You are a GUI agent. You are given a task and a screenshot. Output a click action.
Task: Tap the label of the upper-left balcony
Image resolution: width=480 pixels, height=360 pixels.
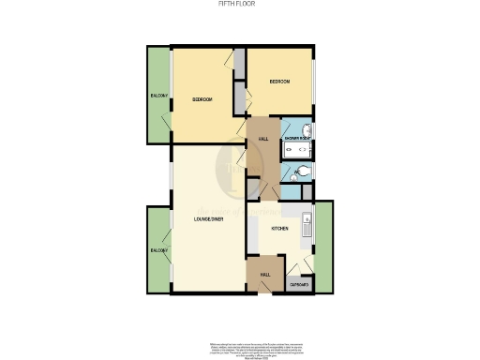coord(157,97)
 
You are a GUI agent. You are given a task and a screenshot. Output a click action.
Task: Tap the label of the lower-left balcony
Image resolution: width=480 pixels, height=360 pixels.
coord(157,251)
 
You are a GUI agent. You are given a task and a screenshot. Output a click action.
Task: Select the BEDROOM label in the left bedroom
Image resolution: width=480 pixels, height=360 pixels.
coord(202,99)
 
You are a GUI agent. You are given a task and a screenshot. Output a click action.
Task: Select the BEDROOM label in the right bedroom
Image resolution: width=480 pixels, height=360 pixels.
coord(279,82)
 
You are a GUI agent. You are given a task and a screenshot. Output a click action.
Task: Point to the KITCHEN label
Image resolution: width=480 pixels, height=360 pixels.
coord(279,228)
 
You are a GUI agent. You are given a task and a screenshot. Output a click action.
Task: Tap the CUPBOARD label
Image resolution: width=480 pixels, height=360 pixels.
coord(299,283)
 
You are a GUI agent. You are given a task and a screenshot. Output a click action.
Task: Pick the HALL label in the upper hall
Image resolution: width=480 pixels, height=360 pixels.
coord(263,140)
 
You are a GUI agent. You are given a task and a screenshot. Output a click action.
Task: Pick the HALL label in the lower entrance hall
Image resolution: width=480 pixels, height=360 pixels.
coord(265,274)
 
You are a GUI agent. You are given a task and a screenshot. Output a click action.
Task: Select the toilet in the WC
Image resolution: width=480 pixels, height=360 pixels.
coord(295,172)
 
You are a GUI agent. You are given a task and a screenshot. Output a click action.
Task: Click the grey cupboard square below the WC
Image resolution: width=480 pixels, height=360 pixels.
coord(296,191)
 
